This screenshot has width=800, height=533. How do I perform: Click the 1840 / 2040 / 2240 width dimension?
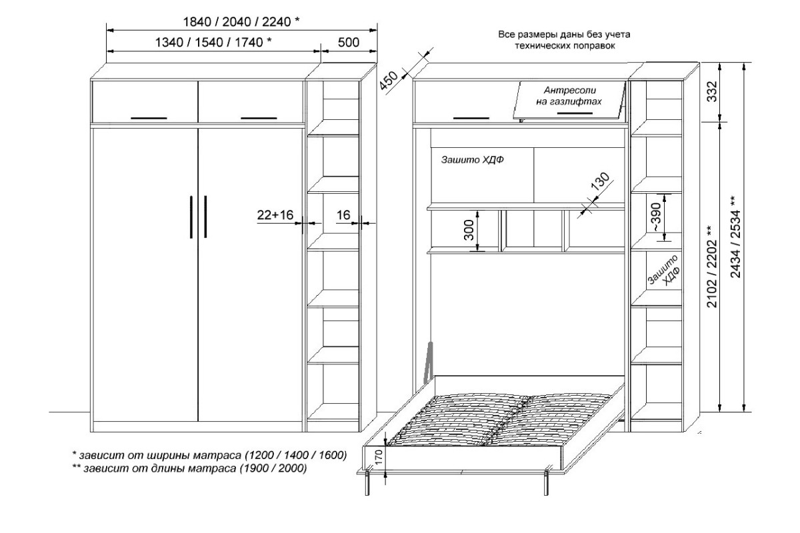point(241,22)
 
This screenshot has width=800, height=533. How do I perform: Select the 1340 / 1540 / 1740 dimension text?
point(213,43)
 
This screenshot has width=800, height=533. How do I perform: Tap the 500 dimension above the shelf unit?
point(348,43)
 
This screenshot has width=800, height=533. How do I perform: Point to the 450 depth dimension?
point(388,81)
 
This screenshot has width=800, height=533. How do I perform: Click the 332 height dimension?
point(712,91)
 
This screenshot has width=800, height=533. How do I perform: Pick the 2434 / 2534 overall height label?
point(736,237)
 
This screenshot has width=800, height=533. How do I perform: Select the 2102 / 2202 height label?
point(712,266)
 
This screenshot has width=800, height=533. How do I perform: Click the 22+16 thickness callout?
point(275,215)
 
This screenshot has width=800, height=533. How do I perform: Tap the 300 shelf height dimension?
point(470,231)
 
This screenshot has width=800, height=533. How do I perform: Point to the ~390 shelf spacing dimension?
point(657,217)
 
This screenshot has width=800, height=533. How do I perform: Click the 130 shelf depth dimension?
point(600,182)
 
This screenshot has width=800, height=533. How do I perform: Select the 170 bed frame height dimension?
point(379,457)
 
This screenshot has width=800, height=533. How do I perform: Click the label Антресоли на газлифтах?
point(569,96)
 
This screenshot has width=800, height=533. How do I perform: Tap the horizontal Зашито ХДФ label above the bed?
point(472,160)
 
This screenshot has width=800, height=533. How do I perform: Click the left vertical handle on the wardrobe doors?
point(191,217)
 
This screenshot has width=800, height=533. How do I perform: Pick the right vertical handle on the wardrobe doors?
point(205,217)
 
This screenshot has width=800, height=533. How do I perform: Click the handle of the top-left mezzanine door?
point(149,118)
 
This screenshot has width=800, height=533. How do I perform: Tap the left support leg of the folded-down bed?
point(367,483)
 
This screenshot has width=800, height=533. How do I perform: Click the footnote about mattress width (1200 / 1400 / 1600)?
point(209,455)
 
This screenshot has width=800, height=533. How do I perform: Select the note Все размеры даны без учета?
point(564,35)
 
